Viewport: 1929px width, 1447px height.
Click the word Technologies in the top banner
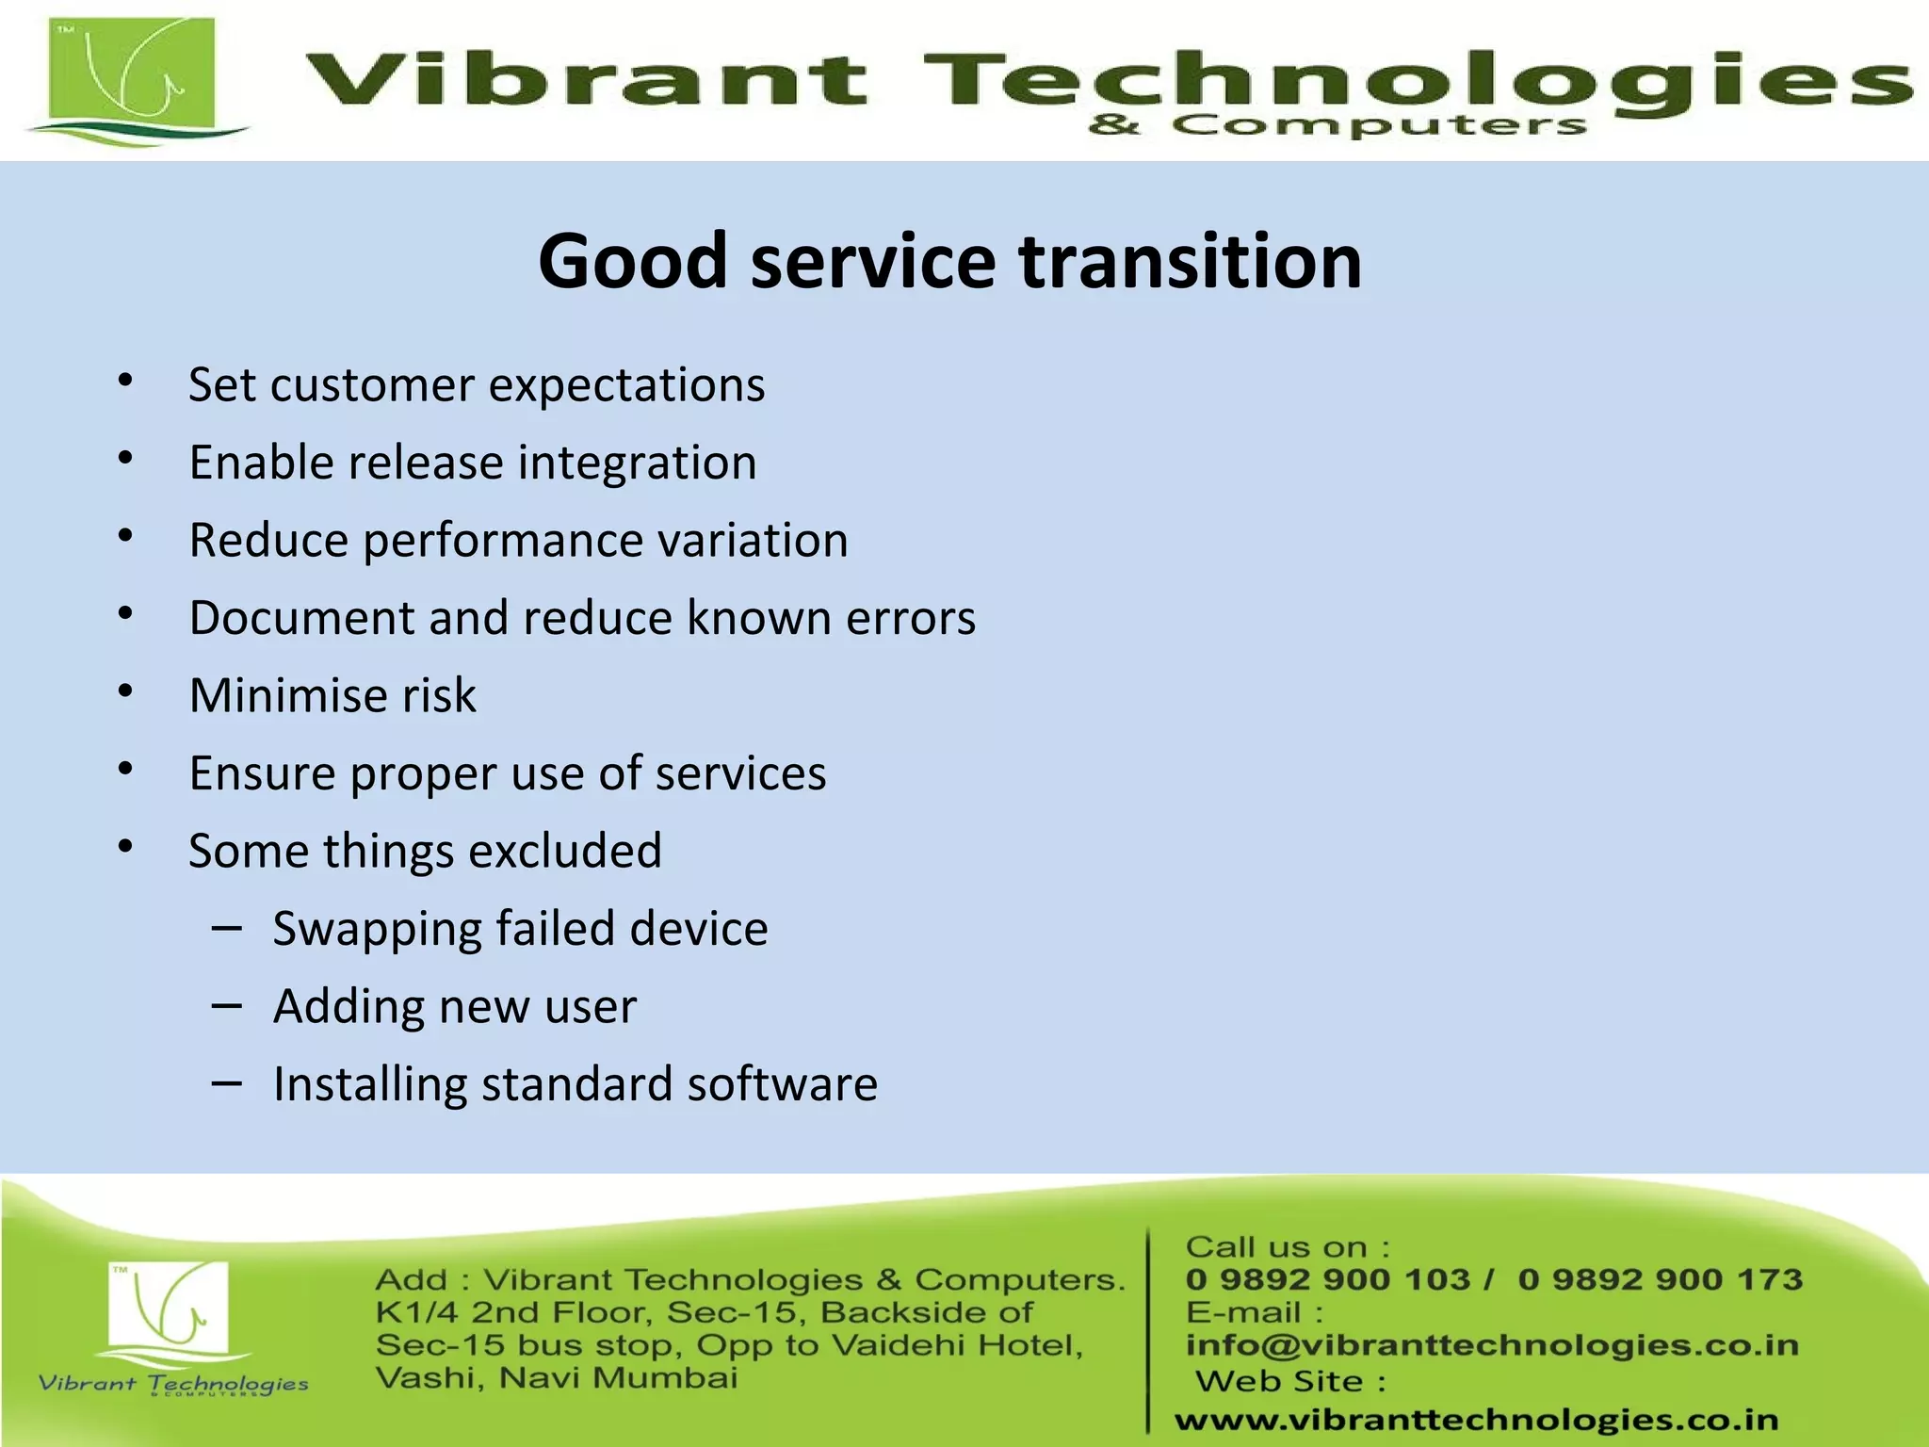1413,80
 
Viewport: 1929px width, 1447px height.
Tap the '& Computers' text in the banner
1337,125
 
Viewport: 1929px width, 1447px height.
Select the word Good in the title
633,261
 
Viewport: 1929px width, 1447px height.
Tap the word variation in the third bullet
753,541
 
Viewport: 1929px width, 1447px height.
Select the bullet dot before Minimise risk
125,691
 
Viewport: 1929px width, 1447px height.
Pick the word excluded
565,852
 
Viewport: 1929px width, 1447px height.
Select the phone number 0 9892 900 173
1660,1279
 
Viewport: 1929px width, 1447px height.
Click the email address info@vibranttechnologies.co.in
1492,1345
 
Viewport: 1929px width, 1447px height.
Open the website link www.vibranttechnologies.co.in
1476,1420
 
